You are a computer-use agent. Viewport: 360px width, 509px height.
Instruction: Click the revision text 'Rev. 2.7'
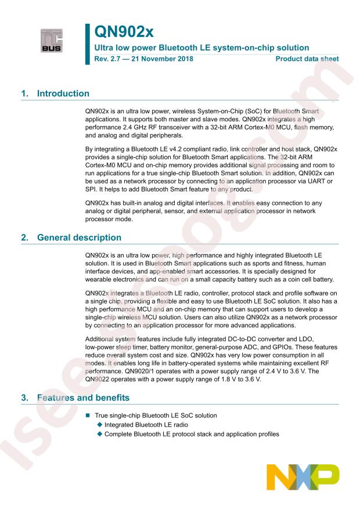pyautogui.click(x=107, y=59)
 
